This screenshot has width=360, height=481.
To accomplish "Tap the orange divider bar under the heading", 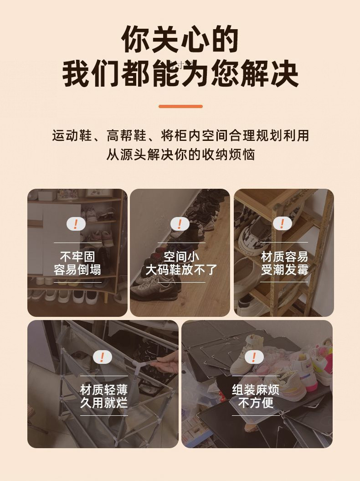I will coord(180,106).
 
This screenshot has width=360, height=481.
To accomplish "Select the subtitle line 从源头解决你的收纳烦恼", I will coord(180,154).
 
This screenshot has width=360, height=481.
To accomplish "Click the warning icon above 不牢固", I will coord(76,224).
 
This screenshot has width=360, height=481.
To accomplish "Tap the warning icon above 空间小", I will coord(180,224).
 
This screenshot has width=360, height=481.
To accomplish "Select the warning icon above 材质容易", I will coord(283,223).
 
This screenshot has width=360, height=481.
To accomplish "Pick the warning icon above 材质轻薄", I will coord(103,357).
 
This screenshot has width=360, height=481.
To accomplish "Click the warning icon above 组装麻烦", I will coord(254,357).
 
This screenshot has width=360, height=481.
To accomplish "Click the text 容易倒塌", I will coord(77,270).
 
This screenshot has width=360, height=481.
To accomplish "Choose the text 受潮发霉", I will coord(285,270).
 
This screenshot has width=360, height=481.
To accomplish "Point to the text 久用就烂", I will coord(104,403).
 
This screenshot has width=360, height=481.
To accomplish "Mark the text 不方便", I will coord(256,403).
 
